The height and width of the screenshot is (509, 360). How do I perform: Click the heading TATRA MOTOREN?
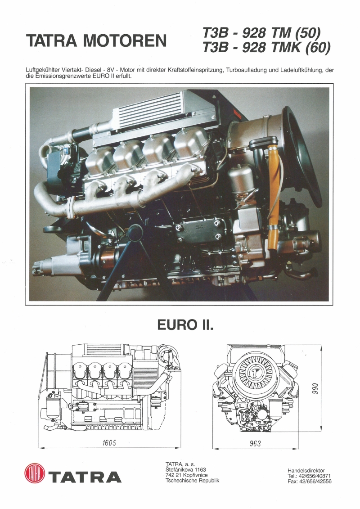pyautogui.click(x=97, y=41)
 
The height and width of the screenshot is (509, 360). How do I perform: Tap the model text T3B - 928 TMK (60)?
pyautogui.click(x=266, y=47)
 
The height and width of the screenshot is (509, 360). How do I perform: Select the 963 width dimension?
pyautogui.click(x=255, y=443)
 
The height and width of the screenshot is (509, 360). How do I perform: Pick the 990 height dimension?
pyautogui.click(x=315, y=387)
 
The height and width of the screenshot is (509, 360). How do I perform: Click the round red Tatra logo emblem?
pyautogui.click(x=35, y=474)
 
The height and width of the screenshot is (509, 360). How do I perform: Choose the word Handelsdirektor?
pyautogui.click(x=306, y=470)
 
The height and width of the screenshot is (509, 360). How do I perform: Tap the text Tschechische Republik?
pyautogui.click(x=192, y=481)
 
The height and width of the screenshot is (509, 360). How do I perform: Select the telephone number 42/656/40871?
pyautogui.click(x=315, y=476)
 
